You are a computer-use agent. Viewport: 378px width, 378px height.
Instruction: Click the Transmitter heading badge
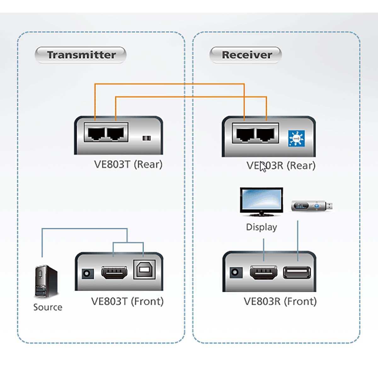(81, 55)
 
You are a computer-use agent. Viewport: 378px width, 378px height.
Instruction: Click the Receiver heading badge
(246, 55)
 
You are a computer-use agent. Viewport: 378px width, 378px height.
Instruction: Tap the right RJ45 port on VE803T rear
(116, 133)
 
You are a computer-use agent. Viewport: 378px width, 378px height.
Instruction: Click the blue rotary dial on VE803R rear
(296, 138)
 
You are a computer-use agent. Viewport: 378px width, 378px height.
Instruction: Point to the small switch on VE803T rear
(146, 138)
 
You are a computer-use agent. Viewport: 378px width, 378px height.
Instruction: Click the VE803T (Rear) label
(128, 164)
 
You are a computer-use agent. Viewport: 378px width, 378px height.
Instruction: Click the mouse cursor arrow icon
(263, 167)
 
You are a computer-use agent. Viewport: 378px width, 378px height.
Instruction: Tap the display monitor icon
(261, 202)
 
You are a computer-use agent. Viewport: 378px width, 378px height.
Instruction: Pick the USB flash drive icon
(312, 206)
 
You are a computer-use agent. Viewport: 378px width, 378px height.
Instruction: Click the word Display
(261, 227)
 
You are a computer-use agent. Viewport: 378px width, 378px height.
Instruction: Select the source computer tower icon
(46, 281)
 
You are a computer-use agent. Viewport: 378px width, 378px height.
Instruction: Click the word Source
(48, 307)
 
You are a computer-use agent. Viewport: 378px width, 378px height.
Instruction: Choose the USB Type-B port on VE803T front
(145, 269)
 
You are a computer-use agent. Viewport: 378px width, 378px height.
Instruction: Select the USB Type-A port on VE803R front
(297, 272)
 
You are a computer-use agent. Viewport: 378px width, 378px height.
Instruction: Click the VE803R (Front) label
(280, 301)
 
